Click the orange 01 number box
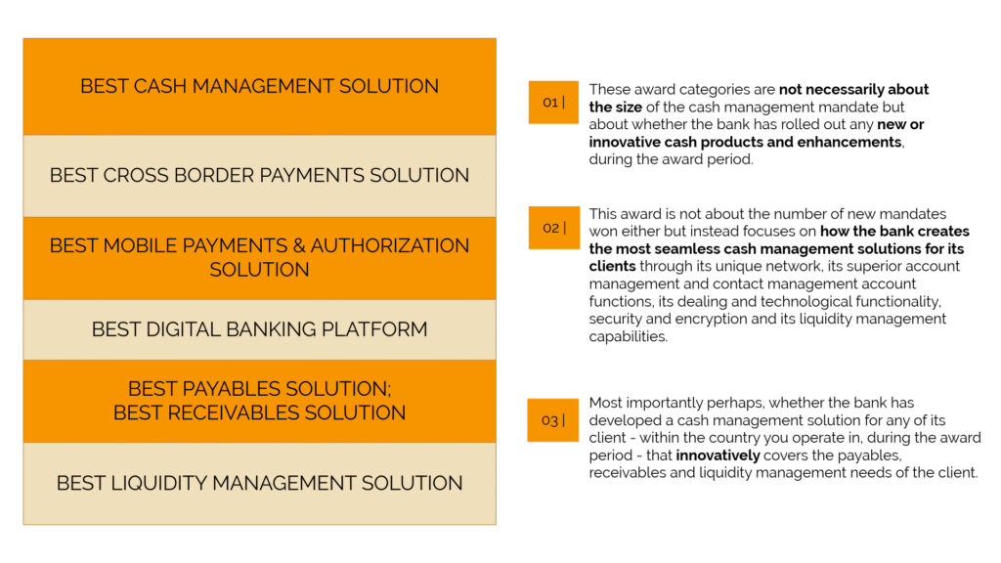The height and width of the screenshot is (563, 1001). click(x=553, y=102)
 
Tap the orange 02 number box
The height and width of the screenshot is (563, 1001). click(x=553, y=228)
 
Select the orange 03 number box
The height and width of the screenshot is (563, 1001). click(x=553, y=420)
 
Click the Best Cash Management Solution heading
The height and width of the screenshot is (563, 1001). click(x=259, y=86)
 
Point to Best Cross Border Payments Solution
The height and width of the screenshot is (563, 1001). click(x=259, y=175)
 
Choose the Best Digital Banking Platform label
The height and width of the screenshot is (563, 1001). click(x=259, y=329)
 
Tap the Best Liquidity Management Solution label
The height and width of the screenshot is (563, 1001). click(x=259, y=483)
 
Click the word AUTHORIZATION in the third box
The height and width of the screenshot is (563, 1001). click(x=389, y=245)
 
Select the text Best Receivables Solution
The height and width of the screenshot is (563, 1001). click(x=259, y=413)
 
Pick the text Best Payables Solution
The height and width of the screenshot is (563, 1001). click(x=259, y=389)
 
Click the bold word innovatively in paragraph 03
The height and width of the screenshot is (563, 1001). click(x=718, y=455)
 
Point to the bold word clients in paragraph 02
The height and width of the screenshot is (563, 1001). click(x=612, y=266)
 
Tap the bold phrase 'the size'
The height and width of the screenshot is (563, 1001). click(x=616, y=108)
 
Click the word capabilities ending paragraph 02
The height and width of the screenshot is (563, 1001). click(x=629, y=337)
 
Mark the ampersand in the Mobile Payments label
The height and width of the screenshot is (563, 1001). click(x=299, y=245)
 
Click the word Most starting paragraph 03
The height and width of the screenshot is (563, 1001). click(x=605, y=403)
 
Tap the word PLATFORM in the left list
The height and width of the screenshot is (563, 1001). click(x=374, y=329)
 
